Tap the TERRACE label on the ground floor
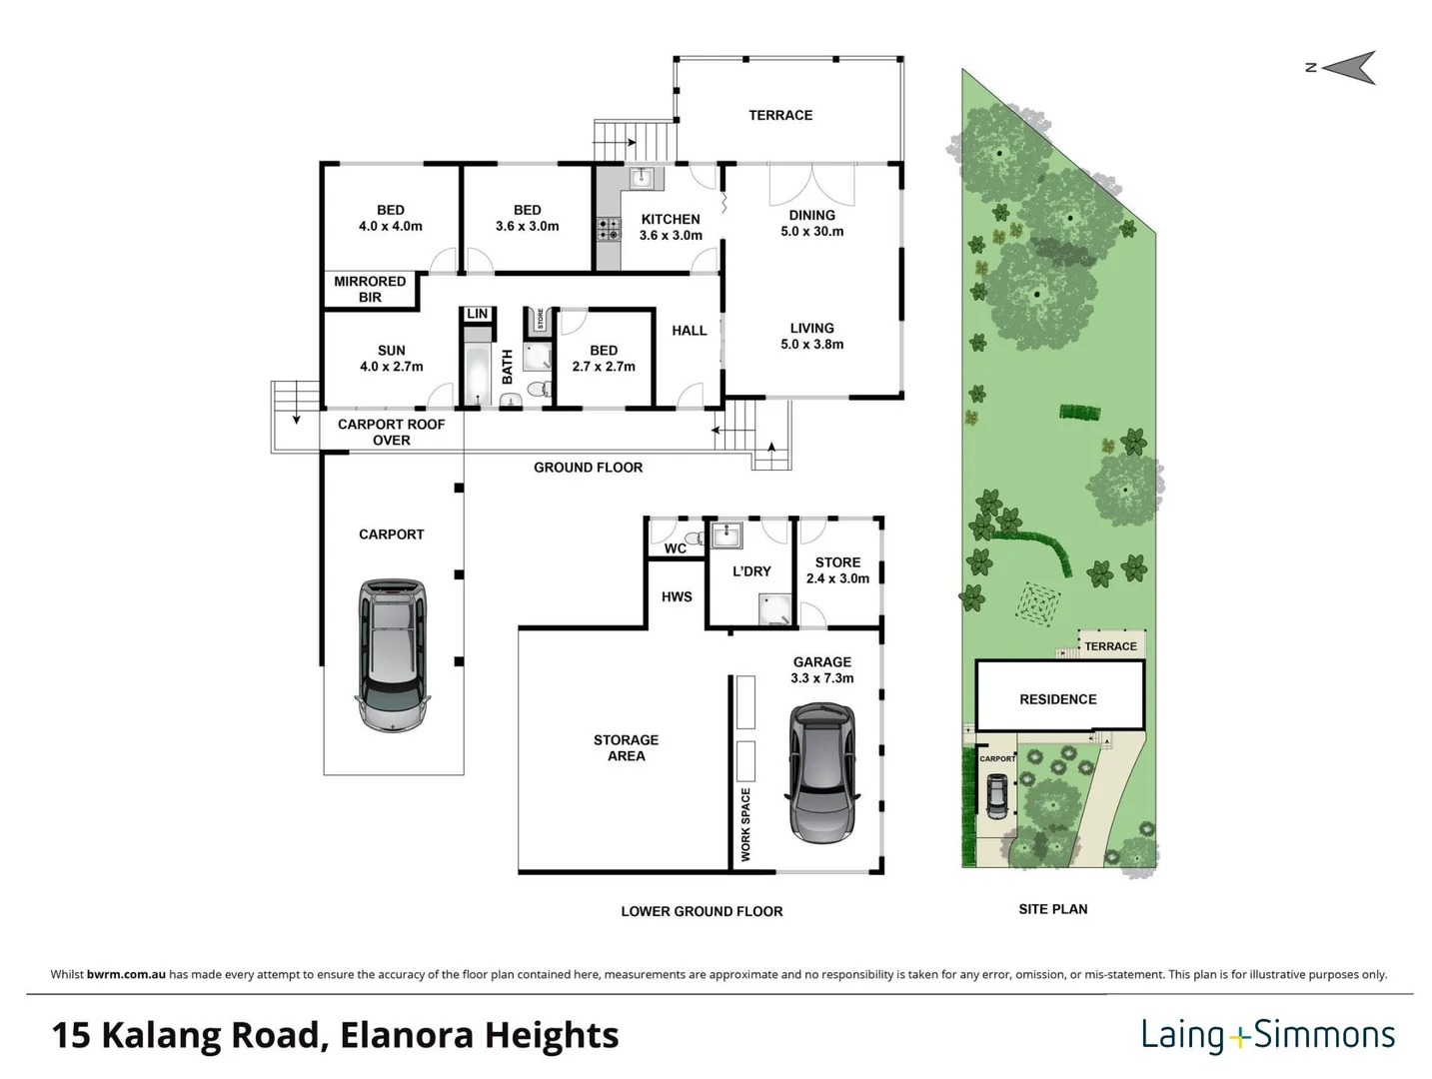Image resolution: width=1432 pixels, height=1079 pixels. [780, 115]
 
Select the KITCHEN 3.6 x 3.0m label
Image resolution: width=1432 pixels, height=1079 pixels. [671, 227]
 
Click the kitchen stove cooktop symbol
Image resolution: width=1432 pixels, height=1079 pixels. [607, 229]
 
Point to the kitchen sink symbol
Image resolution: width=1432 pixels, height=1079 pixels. [642, 179]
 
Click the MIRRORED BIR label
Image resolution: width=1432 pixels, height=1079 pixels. [370, 289]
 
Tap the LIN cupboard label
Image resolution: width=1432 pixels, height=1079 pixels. [478, 314]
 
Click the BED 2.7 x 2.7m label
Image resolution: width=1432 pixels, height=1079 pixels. [604, 359]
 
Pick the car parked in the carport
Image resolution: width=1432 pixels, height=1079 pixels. [392, 654]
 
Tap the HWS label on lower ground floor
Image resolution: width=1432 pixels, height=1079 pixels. [677, 596]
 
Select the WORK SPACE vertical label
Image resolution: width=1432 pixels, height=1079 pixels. [745, 824]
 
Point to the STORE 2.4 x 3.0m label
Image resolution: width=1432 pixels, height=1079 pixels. [837, 570]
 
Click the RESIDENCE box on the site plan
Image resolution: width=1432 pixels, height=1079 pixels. [1058, 698]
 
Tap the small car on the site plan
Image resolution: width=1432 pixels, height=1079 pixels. [996, 795]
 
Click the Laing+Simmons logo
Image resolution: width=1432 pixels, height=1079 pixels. [1267, 1035]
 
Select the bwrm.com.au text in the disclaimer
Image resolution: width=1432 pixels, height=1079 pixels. [126, 974]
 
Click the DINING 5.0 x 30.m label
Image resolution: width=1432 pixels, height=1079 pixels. [811, 223]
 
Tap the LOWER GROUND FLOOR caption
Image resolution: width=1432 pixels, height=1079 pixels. [702, 911]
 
